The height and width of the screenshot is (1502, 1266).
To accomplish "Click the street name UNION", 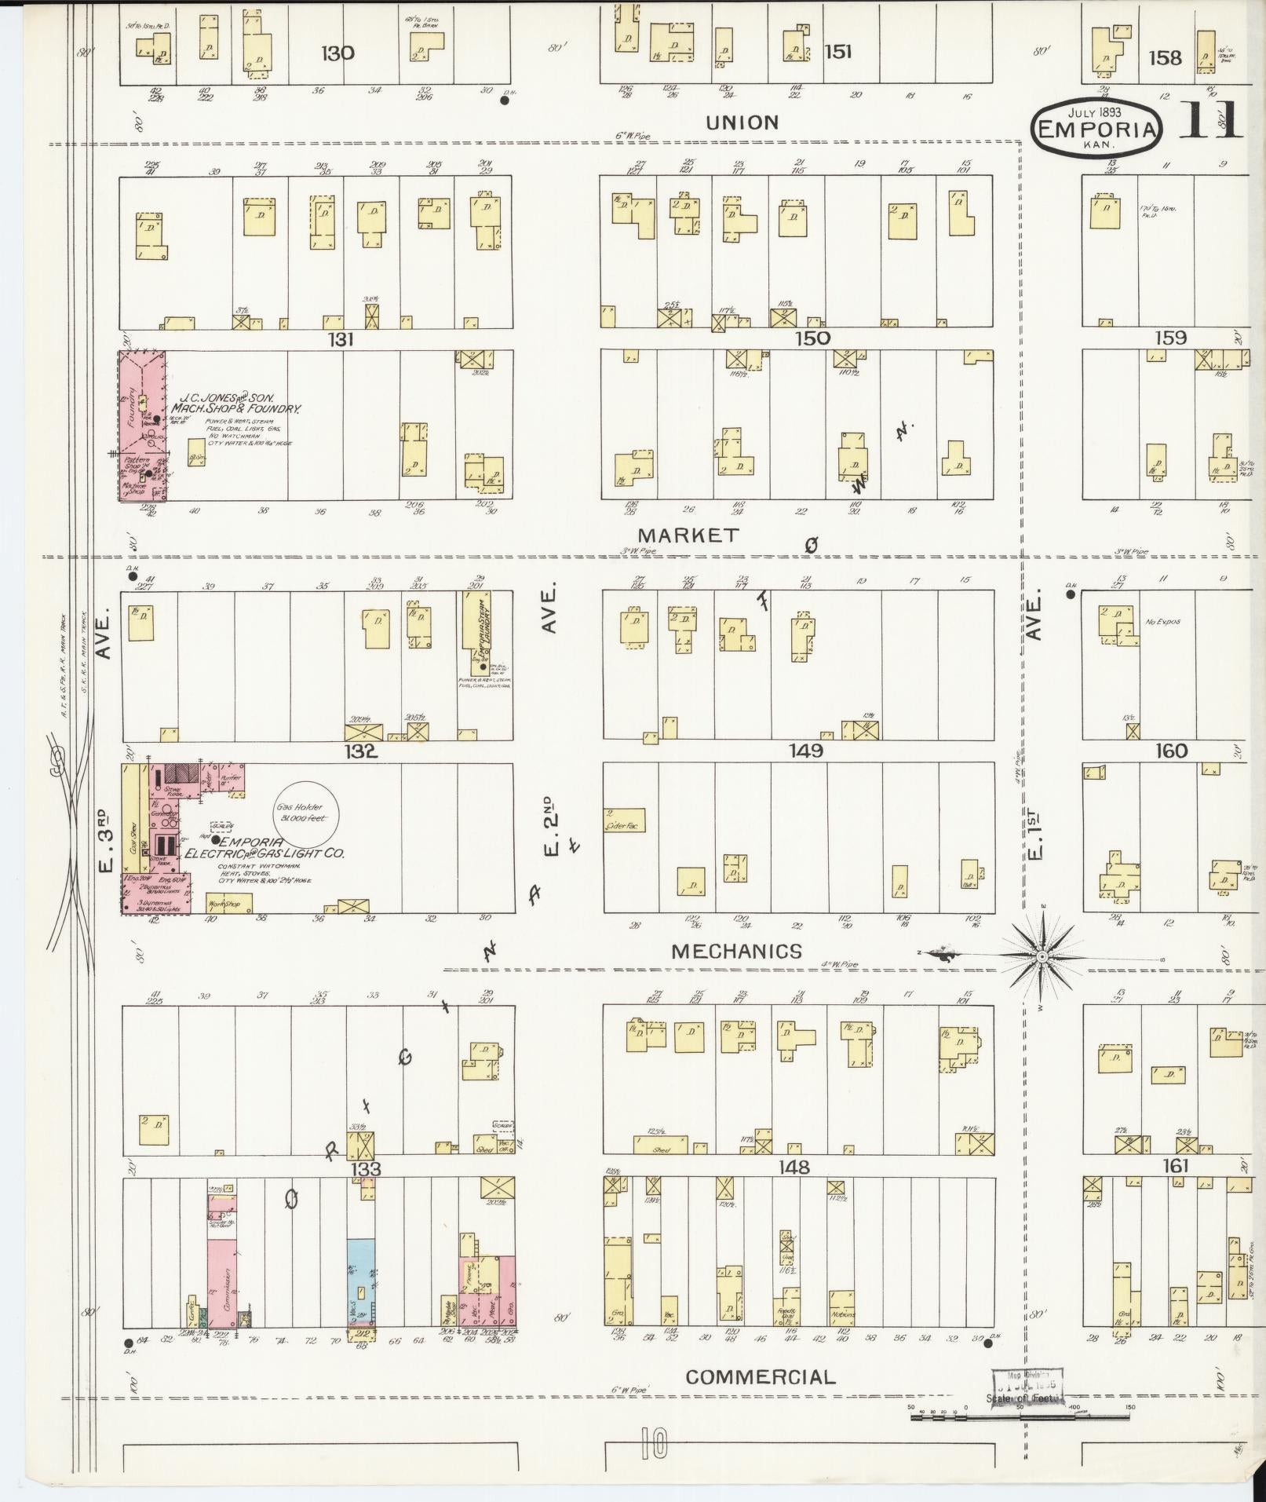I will (x=742, y=122).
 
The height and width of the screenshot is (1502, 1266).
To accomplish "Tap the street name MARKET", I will (x=693, y=535).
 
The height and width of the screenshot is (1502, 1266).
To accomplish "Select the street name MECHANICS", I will (x=737, y=952).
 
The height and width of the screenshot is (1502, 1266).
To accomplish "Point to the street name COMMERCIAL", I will (x=761, y=1376).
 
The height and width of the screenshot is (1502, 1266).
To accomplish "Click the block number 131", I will (x=342, y=340).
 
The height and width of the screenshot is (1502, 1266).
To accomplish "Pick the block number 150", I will (x=812, y=338).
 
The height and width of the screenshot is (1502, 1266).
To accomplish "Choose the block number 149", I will (x=806, y=751).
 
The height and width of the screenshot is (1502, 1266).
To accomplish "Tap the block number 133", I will (x=366, y=1169).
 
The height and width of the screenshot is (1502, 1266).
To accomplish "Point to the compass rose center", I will (x=1041, y=956).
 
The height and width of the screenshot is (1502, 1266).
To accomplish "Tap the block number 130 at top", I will (x=337, y=53).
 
